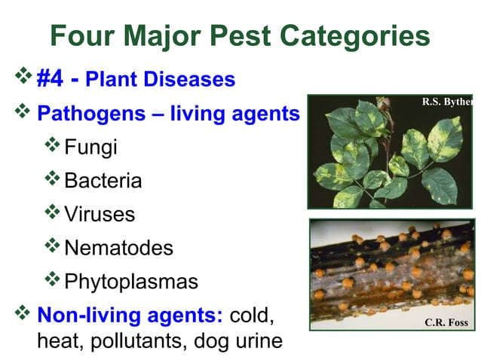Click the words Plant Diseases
point(160,79)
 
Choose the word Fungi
point(91,147)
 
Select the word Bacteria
point(103,181)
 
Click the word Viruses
point(100,214)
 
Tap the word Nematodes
point(119,248)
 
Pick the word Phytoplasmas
point(131,282)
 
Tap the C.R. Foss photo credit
point(446,323)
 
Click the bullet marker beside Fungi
point(53,145)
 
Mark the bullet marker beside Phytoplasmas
point(53,279)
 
